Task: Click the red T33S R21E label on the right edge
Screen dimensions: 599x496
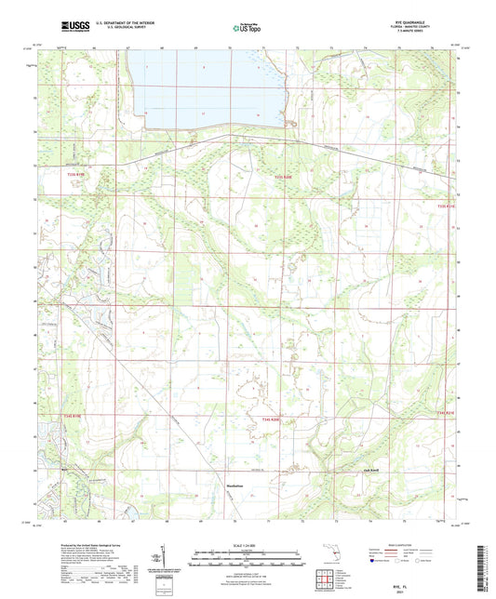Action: click(x=448, y=206)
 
